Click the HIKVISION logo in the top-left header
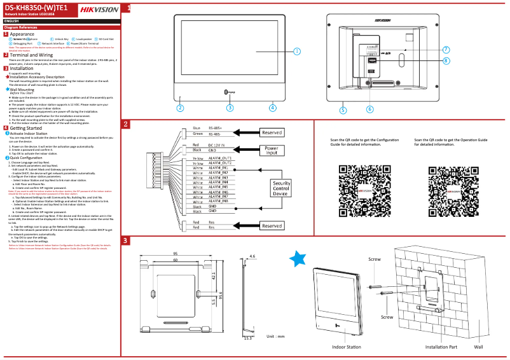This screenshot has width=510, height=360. pyautogui.click(x=97, y=9)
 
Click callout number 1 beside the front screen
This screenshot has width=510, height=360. pyautogui.click(x=296, y=51)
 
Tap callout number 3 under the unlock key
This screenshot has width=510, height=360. pyautogui.click(x=230, y=107)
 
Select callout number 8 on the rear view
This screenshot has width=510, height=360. pyautogui.click(x=446, y=60)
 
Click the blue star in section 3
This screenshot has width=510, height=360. pyautogui.click(x=298, y=258)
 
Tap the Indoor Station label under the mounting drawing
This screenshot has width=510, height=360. pyautogui.click(x=346, y=347)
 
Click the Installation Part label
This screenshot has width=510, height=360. pyautogui.click(x=441, y=347)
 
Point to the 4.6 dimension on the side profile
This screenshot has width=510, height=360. pyautogui.click(x=252, y=256)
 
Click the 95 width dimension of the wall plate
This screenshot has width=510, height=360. pyautogui.click(x=174, y=254)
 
